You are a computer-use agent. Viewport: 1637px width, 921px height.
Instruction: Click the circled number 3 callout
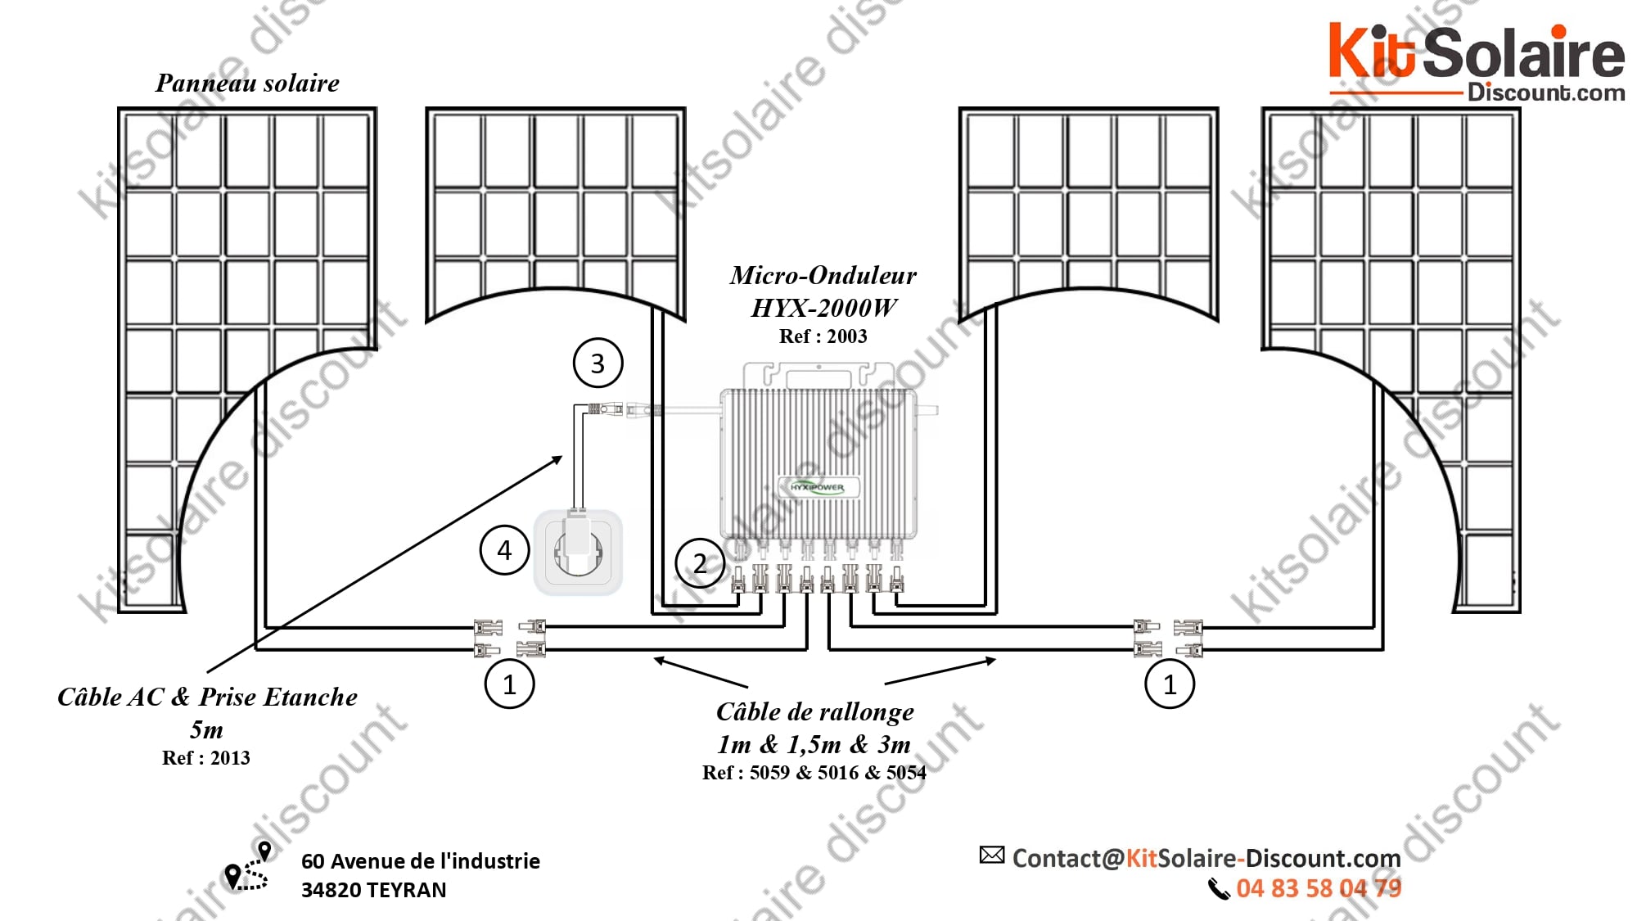pyautogui.click(x=598, y=363)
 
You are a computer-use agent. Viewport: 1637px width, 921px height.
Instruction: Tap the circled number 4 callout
pyautogui.click(x=504, y=549)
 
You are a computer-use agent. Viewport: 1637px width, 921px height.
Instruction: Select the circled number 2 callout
pyautogui.click(x=700, y=563)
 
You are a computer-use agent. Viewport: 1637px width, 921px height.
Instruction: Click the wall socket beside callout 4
pyautogui.click(x=578, y=552)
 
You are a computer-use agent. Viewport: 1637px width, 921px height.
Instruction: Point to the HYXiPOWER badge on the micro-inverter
pyautogui.click(x=817, y=487)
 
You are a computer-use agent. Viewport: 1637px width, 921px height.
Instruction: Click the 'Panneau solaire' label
pyautogui.click(x=247, y=83)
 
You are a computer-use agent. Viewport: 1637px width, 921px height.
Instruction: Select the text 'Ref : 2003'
pyautogui.click(x=823, y=336)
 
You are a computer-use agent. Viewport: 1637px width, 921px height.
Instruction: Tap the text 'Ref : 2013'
pyautogui.click(x=205, y=757)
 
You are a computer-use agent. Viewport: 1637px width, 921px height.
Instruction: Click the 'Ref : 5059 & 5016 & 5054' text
pyautogui.click(x=814, y=772)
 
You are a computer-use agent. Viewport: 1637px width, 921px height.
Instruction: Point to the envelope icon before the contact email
pyautogui.click(x=992, y=856)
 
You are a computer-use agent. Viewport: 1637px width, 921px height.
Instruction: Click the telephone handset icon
pyautogui.click(x=1219, y=888)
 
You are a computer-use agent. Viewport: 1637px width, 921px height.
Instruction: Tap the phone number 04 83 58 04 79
pyautogui.click(x=1319, y=888)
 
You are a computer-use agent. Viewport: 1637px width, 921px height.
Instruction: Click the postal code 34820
pyautogui.click(x=331, y=890)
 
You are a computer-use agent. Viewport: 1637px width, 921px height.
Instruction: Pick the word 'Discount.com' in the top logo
pyautogui.click(x=1546, y=93)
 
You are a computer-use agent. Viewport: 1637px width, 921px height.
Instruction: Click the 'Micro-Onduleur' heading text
pyautogui.click(x=823, y=275)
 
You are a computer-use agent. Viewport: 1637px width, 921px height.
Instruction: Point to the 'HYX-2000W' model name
pyautogui.click(x=823, y=308)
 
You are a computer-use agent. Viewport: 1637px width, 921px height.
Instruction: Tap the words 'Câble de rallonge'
pyautogui.click(x=815, y=711)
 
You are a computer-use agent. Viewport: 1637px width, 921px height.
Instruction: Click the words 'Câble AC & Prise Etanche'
pyautogui.click(x=207, y=697)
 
